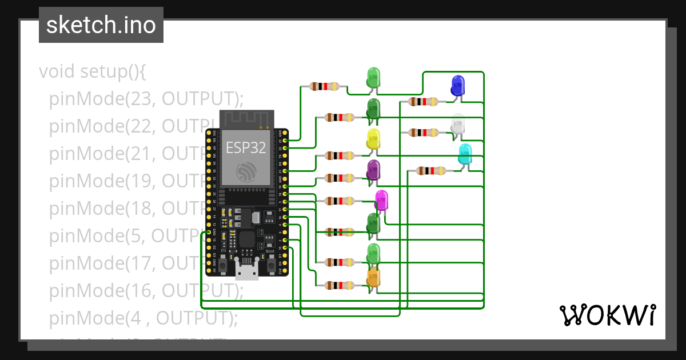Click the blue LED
pos(457,85)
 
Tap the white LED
pos(457,125)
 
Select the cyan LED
pos(465,154)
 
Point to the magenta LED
pos(381,200)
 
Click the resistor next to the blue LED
pos(424,102)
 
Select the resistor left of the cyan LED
pos(431,170)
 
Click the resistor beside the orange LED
pos(340,285)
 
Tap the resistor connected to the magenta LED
pos(340,201)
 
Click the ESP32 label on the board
pos(246,147)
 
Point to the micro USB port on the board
pos(247,269)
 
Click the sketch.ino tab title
pos(101,25)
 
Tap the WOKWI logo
pos(607,315)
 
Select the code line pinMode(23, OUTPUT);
pos(146,99)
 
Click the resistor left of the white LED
pos(424,133)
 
